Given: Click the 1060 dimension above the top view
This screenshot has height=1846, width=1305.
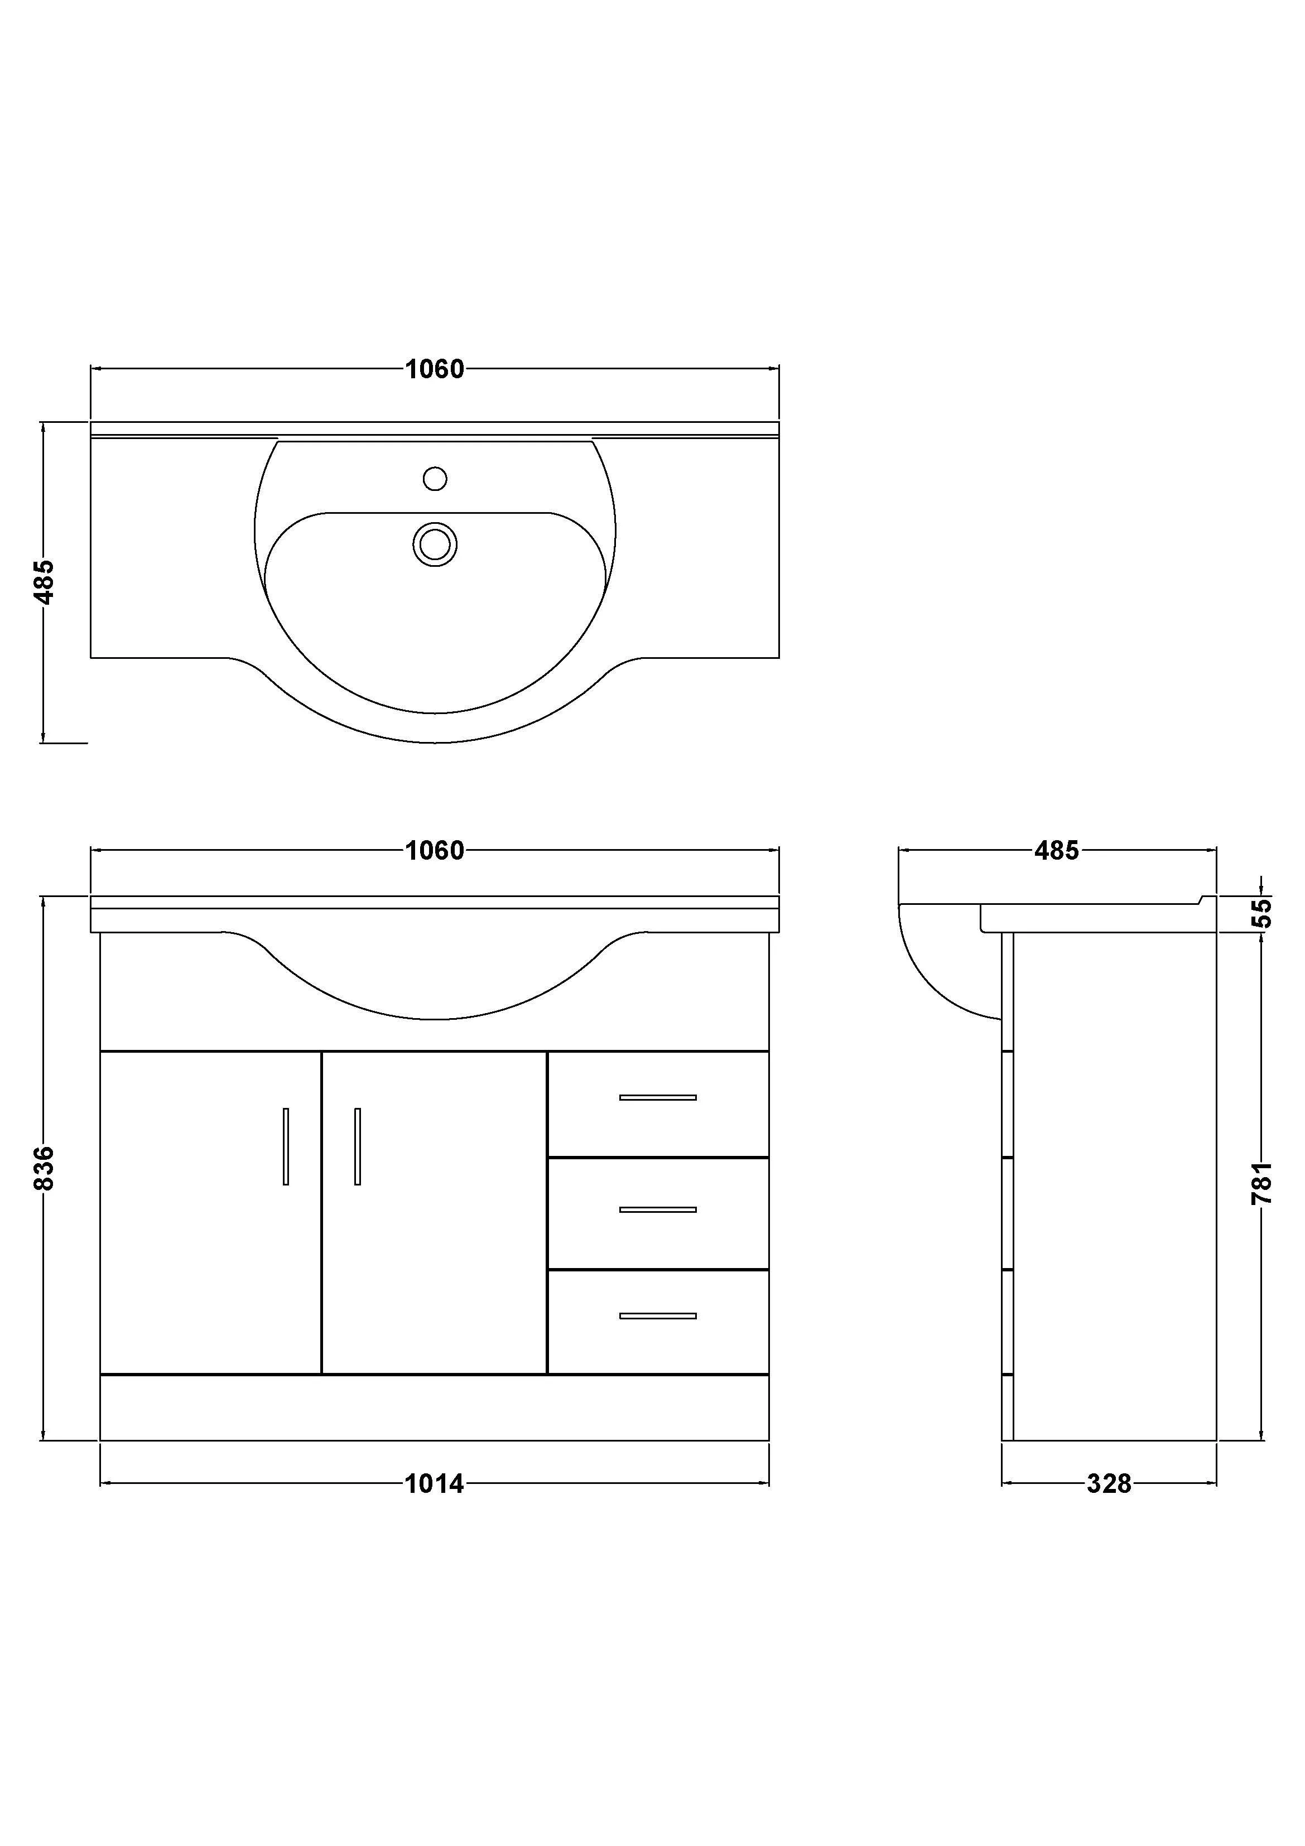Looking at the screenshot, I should [434, 369].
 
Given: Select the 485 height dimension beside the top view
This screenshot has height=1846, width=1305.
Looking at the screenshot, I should [44, 581].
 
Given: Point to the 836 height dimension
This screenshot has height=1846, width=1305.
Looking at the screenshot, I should [44, 1168].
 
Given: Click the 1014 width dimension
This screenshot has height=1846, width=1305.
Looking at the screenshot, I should [434, 1483].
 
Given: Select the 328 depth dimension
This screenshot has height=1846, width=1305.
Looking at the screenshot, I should [1108, 1483].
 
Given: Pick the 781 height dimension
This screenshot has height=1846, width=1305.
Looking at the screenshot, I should [1261, 1182].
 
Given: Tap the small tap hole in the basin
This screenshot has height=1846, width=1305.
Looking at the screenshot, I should [435, 479].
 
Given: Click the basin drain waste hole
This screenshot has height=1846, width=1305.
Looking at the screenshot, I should [435, 544].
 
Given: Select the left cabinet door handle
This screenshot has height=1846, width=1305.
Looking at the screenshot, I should [286, 1146].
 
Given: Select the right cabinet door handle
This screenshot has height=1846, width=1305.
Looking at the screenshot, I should [357, 1146].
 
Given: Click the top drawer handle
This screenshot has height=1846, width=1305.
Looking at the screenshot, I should [658, 1097].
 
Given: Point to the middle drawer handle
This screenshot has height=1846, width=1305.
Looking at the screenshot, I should [658, 1209].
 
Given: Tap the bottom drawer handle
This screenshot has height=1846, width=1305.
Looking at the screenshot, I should [658, 1316].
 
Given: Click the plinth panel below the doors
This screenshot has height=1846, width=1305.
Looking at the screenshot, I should [434, 1407].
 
